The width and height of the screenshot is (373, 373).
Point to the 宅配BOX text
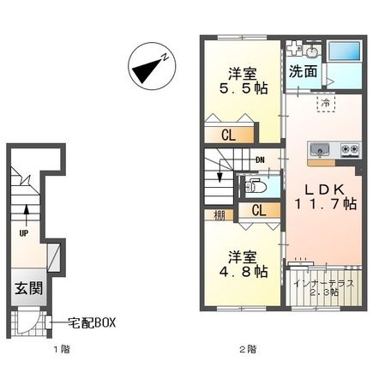click(x=92, y=322)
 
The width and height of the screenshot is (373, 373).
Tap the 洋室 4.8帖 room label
click(x=243, y=264)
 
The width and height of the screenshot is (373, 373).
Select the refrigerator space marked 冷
click(x=326, y=102)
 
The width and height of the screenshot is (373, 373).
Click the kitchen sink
click(x=320, y=148)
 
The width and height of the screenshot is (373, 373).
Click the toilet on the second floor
click(x=254, y=183)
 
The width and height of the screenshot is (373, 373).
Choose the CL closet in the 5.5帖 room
click(x=230, y=134)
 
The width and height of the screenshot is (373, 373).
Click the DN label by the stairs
click(x=260, y=159)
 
